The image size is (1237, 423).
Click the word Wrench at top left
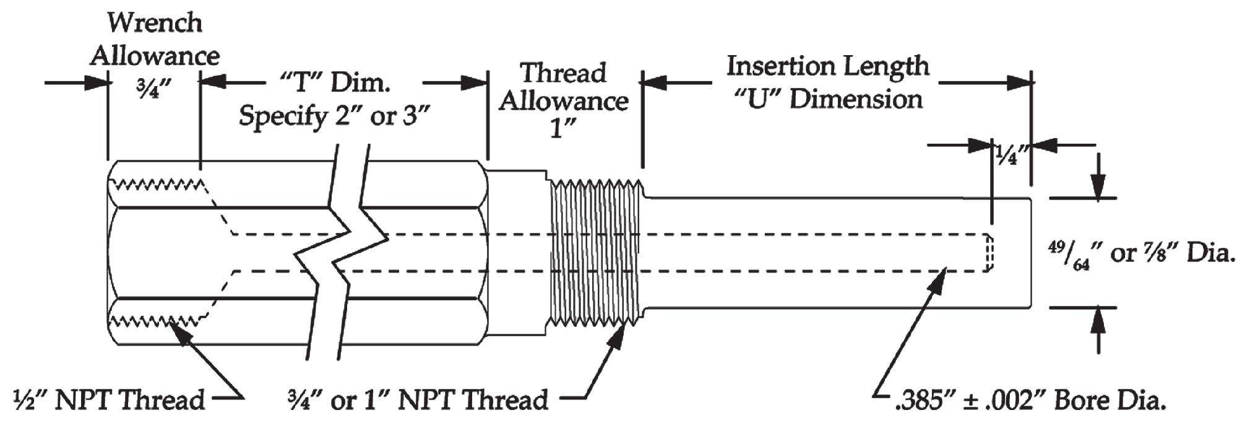tap(155, 23)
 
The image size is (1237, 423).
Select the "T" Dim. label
tap(335, 82)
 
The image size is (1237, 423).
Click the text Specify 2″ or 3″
tap(334, 116)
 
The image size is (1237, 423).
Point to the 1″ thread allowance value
tap(563, 129)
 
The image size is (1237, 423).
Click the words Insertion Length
tap(827, 66)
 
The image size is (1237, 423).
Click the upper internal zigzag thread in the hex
tap(158, 184)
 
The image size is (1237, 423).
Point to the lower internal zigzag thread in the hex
tap(158, 320)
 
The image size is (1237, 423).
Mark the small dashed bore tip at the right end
tap(989, 253)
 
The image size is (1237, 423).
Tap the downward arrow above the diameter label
tap(1098, 186)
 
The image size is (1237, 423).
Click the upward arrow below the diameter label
tap(1098, 320)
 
